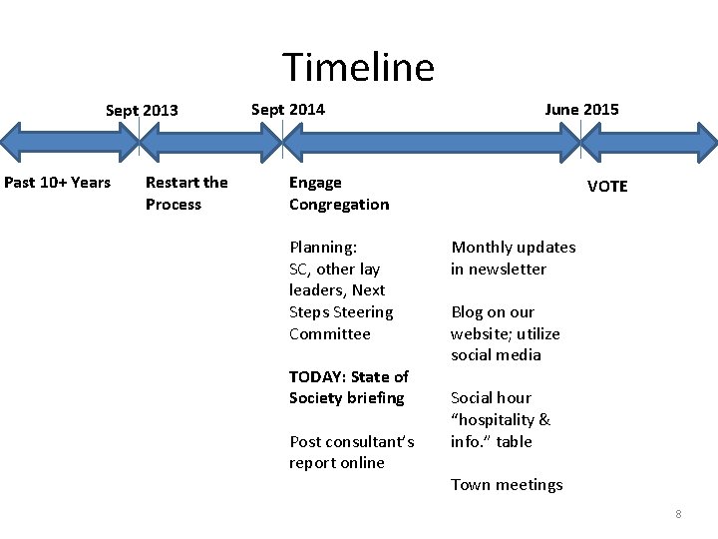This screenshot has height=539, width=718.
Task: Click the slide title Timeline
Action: pyautogui.click(x=359, y=68)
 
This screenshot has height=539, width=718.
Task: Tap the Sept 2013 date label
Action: pyautogui.click(x=142, y=110)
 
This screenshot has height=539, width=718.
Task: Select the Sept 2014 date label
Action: pyautogui.click(x=287, y=109)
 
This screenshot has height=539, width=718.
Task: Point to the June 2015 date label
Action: pyautogui.click(x=581, y=109)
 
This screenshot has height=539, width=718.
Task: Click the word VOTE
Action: pyautogui.click(x=607, y=187)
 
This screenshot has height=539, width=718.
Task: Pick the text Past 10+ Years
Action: pyautogui.click(x=58, y=182)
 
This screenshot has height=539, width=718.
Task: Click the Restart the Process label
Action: pyautogui.click(x=185, y=193)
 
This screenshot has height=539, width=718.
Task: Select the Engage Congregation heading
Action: pyautogui.click(x=339, y=193)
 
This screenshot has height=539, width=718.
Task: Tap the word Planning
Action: pyautogui.click(x=322, y=247)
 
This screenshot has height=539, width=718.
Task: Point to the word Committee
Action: pyautogui.click(x=329, y=333)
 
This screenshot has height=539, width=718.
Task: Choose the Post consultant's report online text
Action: pyautogui.click(x=351, y=451)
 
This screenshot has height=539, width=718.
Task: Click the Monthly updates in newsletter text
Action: pyautogui.click(x=513, y=258)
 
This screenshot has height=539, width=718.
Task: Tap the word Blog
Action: pyautogui.click(x=467, y=311)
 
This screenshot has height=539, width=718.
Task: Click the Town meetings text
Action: pyautogui.click(x=507, y=484)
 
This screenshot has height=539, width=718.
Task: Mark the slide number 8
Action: pyautogui.click(x=678, y=514)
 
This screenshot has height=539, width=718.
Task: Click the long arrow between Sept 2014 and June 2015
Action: pyautogui.click(x=431, y=143)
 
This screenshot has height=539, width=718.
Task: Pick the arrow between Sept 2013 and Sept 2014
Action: pyautogui.click(x=210, y=143)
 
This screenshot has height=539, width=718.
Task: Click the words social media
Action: pyautogui.click(x=496, y=354)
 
